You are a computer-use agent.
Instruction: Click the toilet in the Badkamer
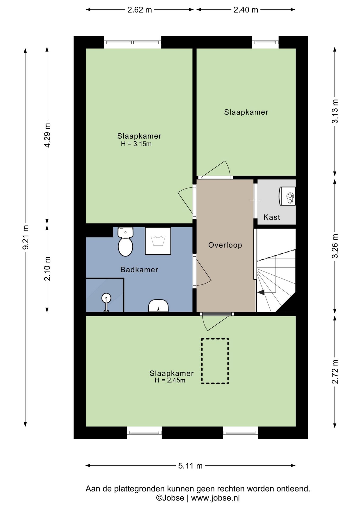click(125, 242)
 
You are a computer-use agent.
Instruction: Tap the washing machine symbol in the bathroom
click(158, 241)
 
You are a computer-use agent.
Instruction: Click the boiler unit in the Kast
click(287, 196)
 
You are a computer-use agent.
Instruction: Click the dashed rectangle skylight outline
click(215, 361)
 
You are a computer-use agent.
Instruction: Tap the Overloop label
click(225, 245)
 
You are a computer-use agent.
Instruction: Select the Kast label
click(272, 217)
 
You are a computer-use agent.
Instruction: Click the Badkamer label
click(139, 270)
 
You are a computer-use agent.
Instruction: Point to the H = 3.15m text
click(136, 144)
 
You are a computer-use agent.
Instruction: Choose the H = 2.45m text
click(170, 380)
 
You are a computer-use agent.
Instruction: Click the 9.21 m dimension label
click(25, 237)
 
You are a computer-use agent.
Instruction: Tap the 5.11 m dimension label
click(190, 466)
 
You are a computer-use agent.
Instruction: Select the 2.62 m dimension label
click(140, 10)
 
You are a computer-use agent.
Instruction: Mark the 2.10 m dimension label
click(47, 269)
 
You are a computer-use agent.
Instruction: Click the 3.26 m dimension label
click(335, 246)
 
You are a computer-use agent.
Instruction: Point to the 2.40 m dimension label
click(246, 10)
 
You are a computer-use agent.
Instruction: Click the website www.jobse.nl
click(215, 498)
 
